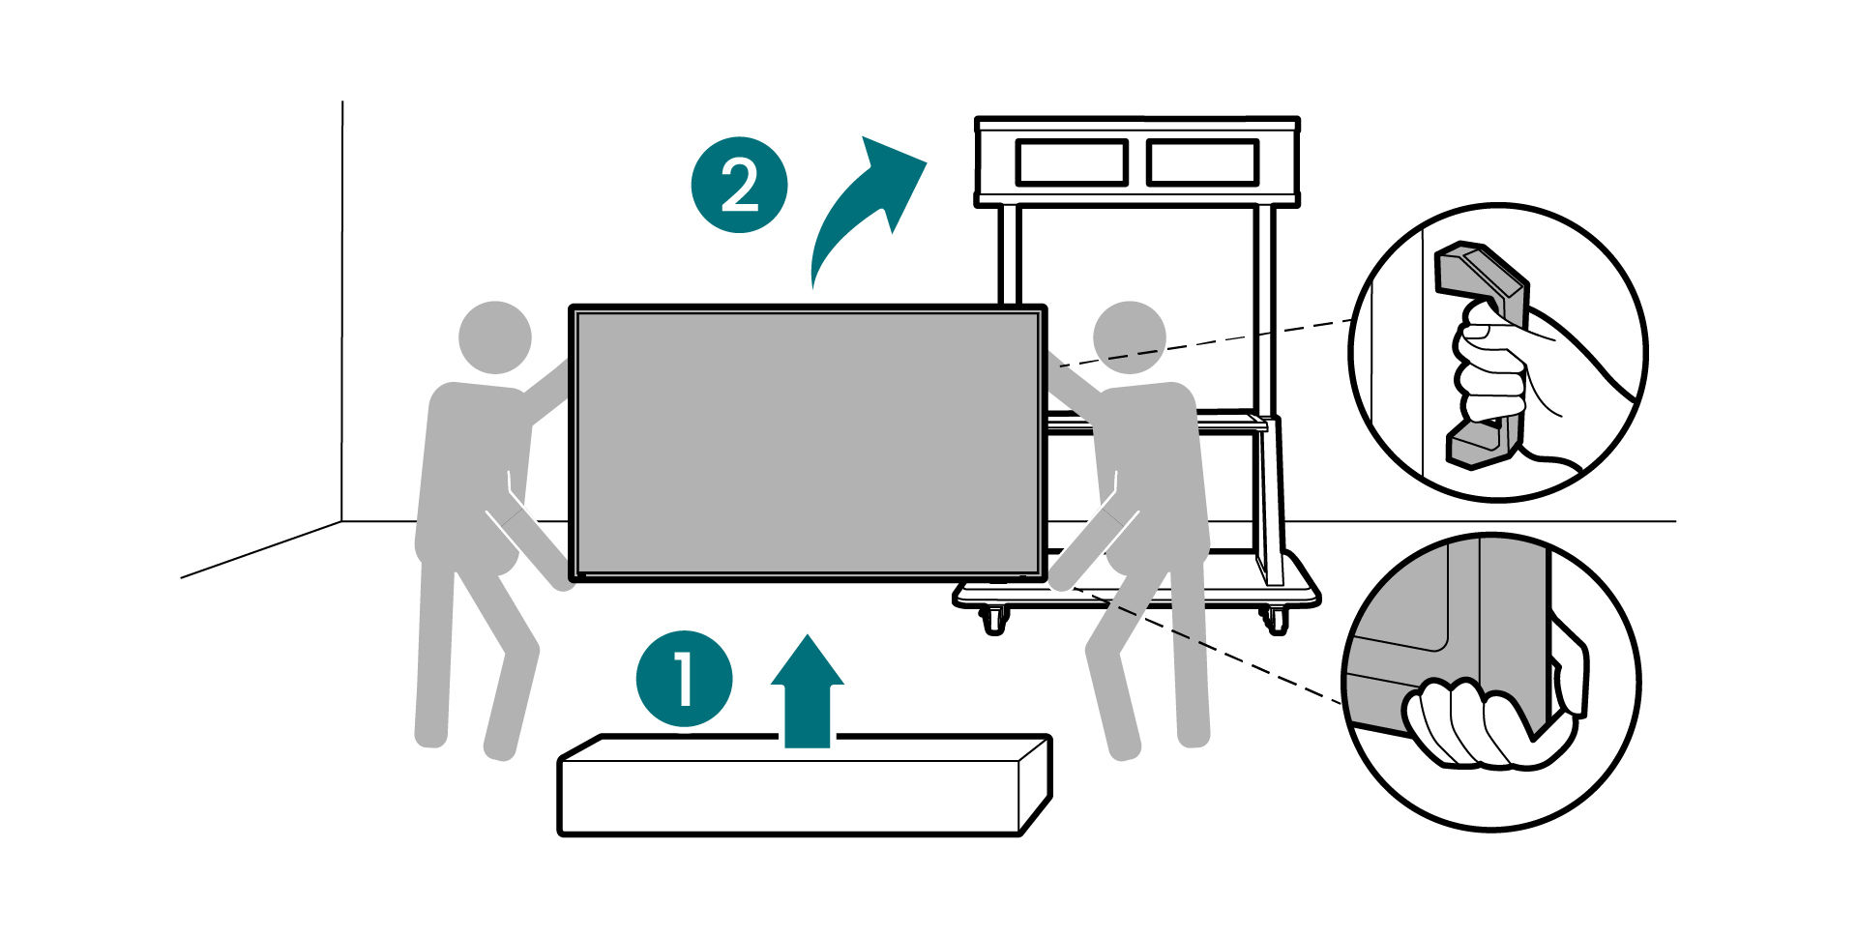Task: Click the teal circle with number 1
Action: pos(684,679)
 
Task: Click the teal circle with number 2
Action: pos(739,184)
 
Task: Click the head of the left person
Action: pos(494,337)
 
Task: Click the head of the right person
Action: pos(1129,337)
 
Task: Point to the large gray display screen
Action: pos(807,443)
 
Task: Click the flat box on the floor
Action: pos(803,788)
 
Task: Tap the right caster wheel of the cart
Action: pos(1276,620)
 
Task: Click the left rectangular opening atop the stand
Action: pos(1071,161)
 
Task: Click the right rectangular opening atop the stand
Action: pos(1202,161)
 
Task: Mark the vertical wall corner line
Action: pos(342,309)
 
